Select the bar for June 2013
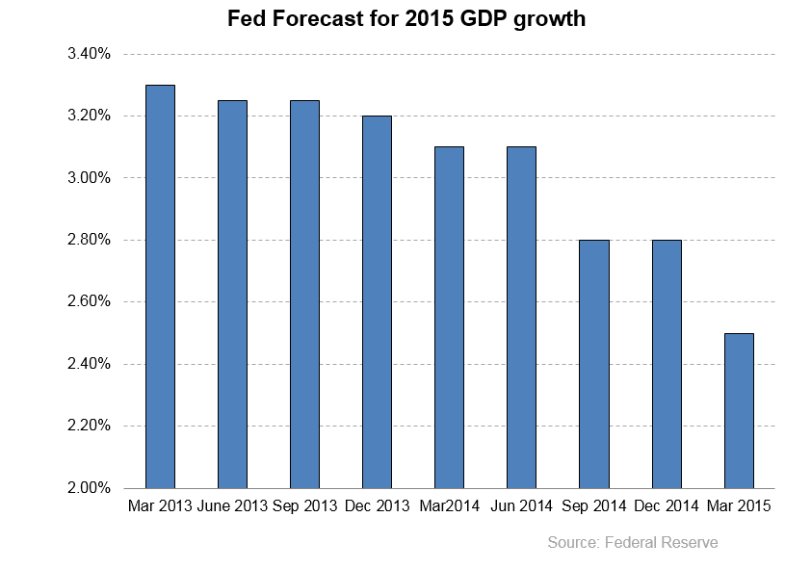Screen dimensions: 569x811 pos(232,295)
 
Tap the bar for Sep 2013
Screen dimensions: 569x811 pos(304,295)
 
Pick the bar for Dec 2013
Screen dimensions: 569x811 pos(377,302)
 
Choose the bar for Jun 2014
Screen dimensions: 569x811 pos(521,318)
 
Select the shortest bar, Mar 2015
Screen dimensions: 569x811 pos(739,411)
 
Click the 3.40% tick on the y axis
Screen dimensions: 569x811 pos(90,54)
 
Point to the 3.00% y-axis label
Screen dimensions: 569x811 pos(90,178)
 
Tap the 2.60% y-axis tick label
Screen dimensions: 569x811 pos(90,302)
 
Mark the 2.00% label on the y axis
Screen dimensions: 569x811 pos(90,488)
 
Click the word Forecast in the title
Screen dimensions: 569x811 pos(310,19)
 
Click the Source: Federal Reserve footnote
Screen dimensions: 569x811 pos(633,543)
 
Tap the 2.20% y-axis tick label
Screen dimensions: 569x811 pos(90,427)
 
